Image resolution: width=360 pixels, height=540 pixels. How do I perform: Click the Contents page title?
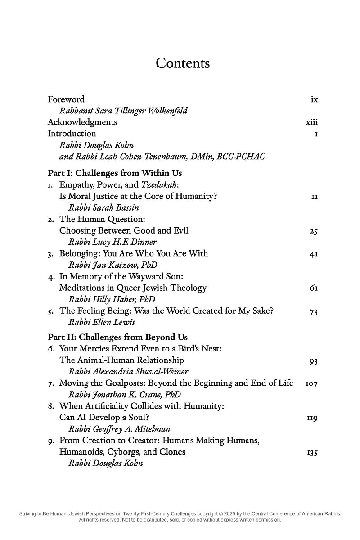point(183,63)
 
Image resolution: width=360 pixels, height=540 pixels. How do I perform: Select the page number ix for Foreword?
point(314,99)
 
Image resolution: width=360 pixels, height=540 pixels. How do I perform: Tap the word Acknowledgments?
point(82,122)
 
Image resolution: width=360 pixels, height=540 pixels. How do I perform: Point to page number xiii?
point(312,122)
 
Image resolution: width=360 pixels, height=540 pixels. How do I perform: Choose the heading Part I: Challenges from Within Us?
point(115,173)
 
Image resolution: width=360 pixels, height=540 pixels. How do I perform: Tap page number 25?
point(314,231)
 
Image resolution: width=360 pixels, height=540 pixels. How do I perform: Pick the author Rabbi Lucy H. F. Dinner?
point(112,242)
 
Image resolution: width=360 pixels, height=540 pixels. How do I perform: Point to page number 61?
point(314,288)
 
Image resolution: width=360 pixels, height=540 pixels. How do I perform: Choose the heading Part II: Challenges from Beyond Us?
point(118,337)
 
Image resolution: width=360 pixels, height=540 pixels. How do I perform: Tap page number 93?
point(314,360)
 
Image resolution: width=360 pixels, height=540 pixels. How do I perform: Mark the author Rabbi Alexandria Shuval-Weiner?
point(128,372)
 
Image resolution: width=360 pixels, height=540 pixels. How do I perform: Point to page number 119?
point(312,418)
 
